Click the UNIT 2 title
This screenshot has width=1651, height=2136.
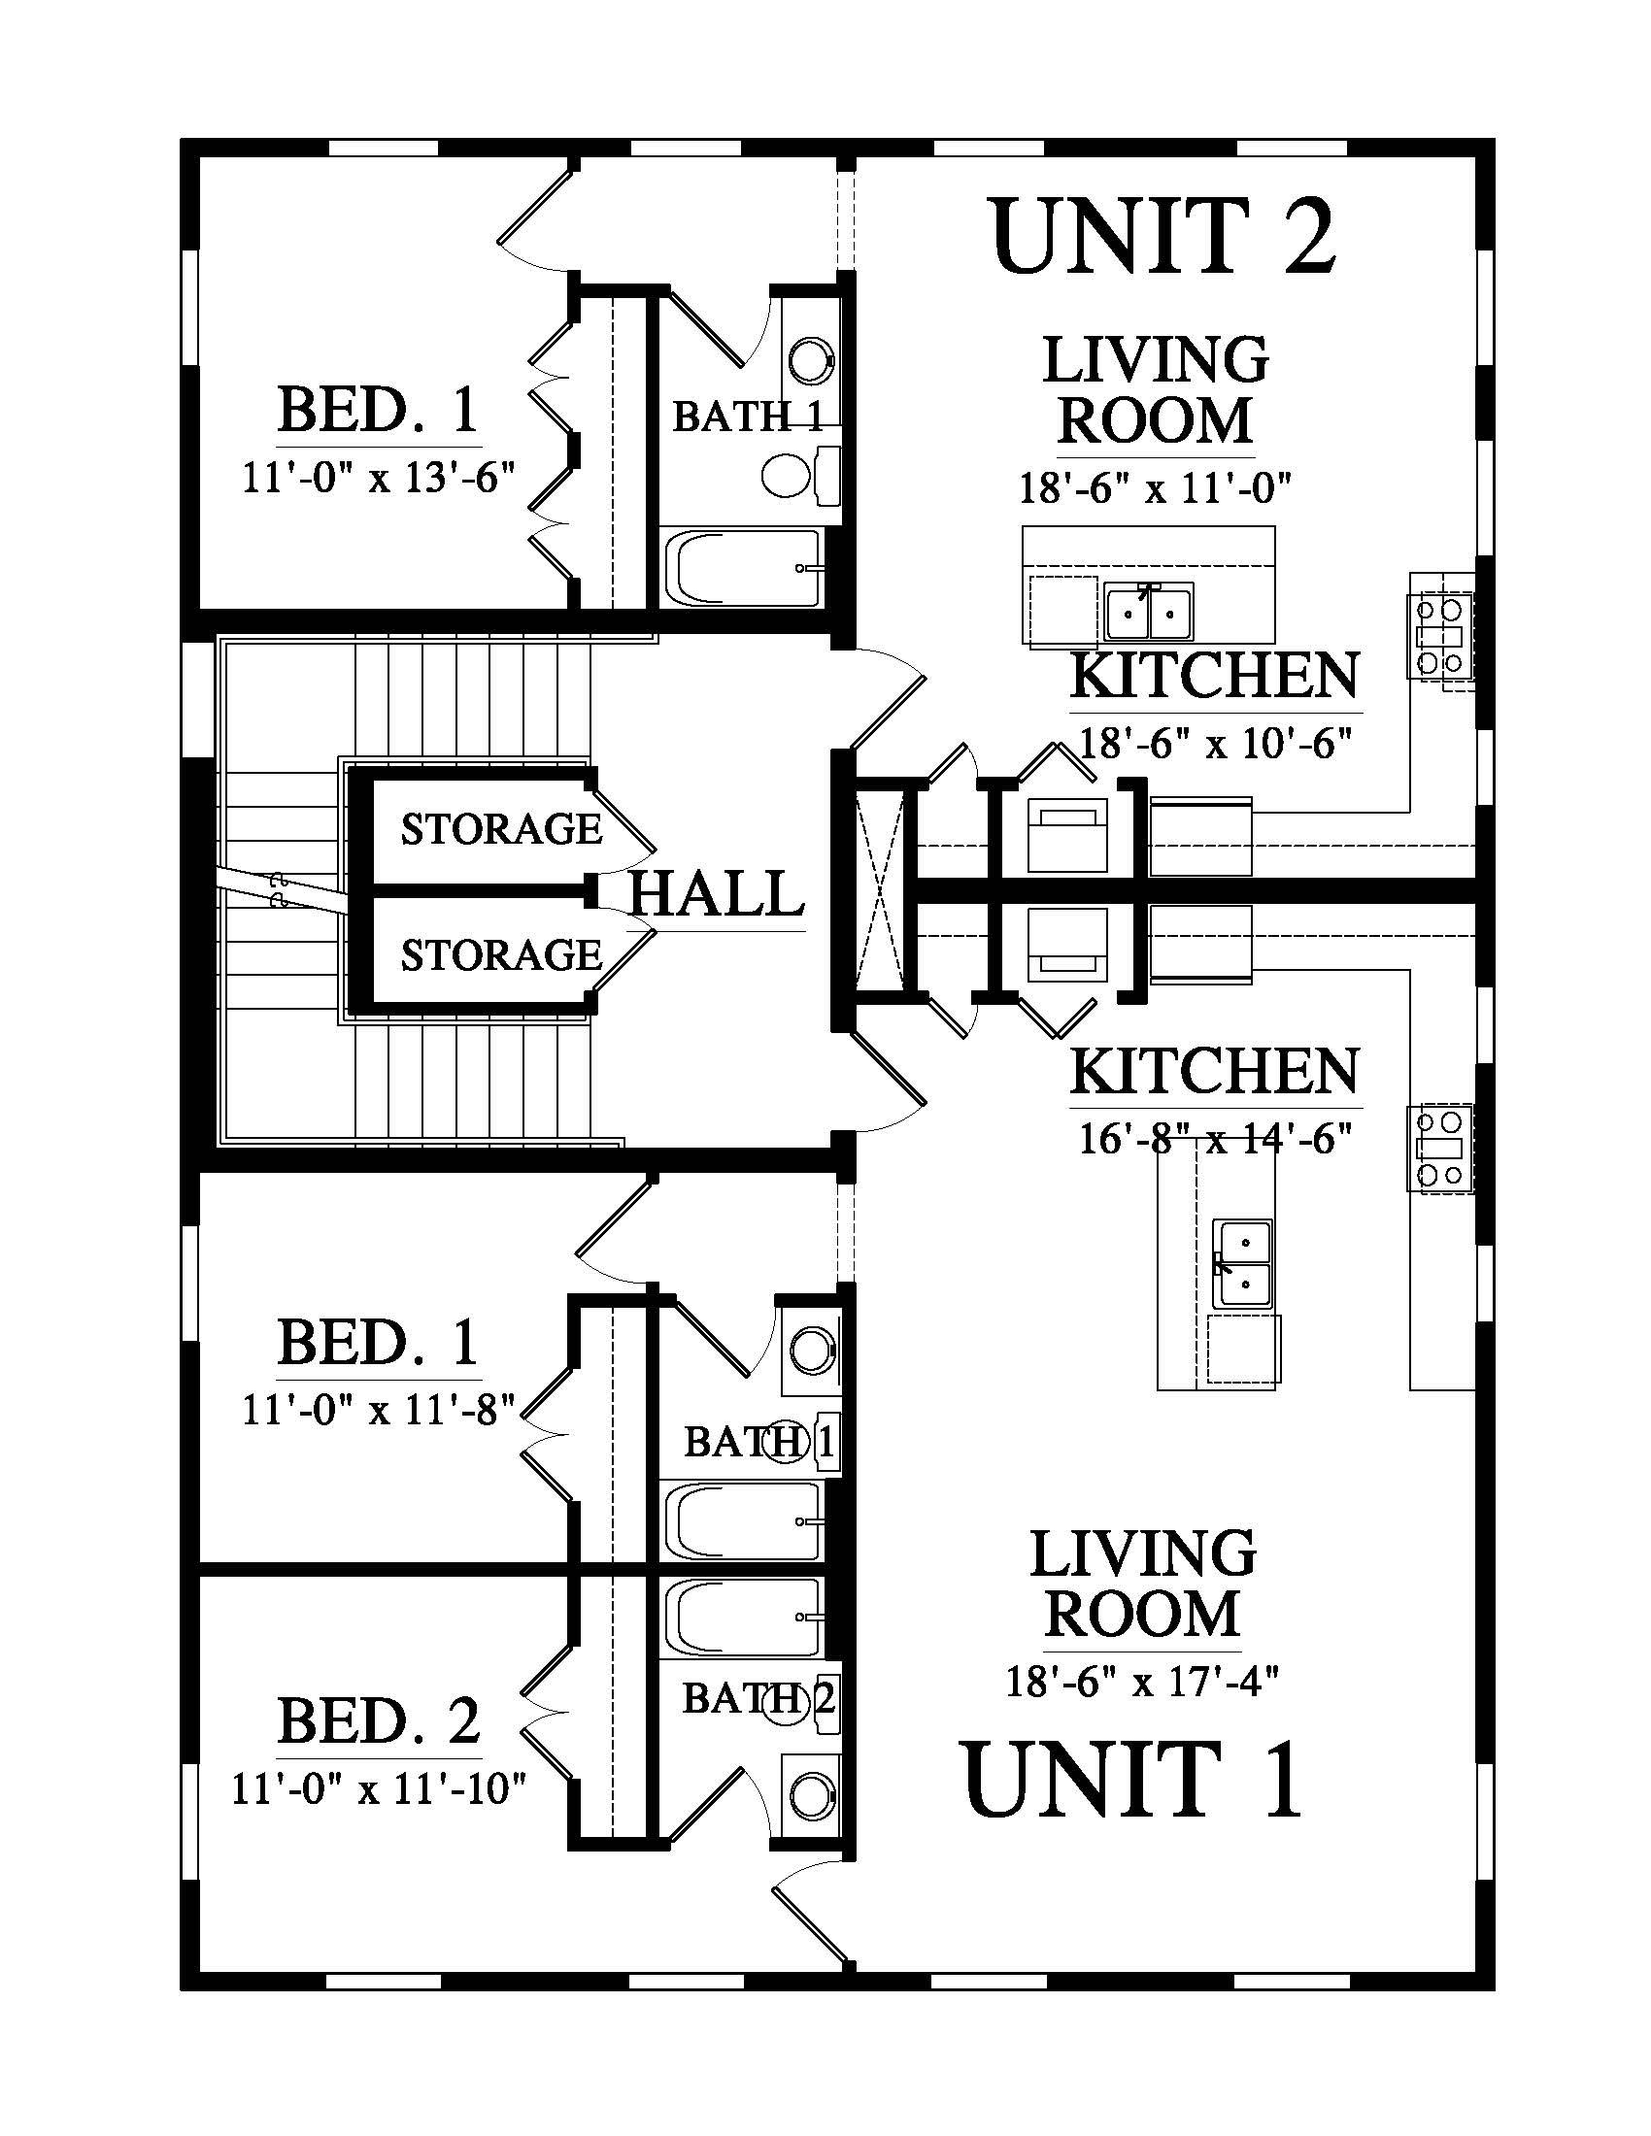[1162, 235]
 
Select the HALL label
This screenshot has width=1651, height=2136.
[716, 894]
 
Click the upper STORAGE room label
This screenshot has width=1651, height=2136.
[501, 829]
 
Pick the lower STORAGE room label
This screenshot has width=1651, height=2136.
[501, 955]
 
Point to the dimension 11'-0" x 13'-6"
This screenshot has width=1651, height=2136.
[378, 480]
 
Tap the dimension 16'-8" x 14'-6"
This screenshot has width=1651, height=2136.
[1215, 1139]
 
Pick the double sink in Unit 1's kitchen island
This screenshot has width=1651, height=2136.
[1243, 1263]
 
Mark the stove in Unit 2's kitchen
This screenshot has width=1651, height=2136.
[1440, 635]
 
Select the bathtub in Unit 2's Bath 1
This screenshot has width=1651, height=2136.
[743, 567]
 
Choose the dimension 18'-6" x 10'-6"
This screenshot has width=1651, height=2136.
[1215, 744]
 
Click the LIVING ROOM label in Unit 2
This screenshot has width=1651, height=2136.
[1156, 390]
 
